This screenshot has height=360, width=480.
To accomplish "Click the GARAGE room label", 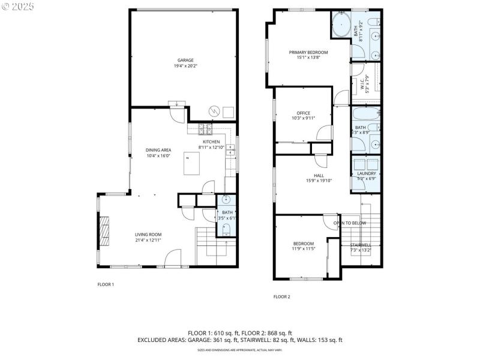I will tap(185, 60).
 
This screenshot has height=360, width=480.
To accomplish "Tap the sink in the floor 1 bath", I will tap(227, 200).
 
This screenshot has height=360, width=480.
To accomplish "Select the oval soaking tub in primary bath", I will tap(342, 26).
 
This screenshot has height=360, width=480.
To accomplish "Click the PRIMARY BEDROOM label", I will tap(308, 52).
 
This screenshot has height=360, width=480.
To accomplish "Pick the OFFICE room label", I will tap(303, 113).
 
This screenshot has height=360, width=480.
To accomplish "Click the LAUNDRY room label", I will tap(366, 173).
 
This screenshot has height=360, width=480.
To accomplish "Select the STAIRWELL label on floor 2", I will tap(361, 245).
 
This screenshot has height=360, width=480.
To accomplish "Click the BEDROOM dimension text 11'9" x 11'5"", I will tap(304, 248).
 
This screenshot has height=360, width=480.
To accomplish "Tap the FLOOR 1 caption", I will tap(106, 284).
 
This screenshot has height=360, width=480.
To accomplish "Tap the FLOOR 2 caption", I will tap(281, 296).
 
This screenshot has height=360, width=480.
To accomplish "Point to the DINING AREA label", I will tap(158, 150).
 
